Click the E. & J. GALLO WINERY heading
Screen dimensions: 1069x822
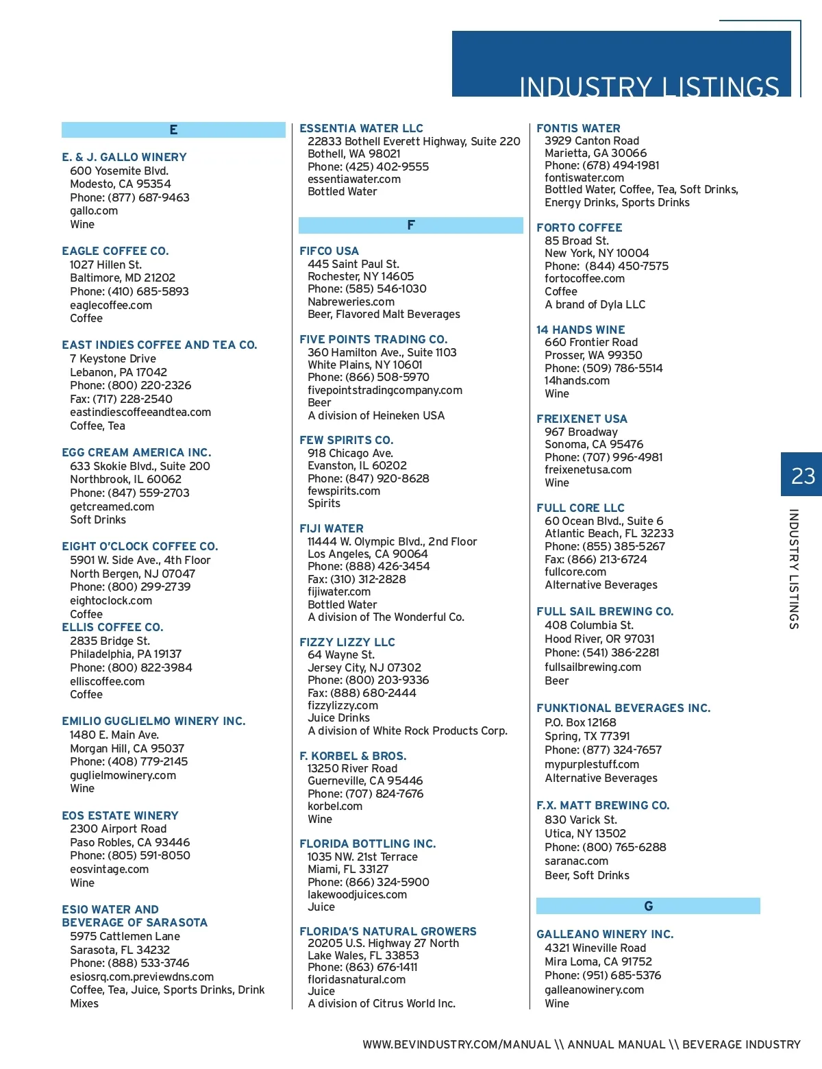124,157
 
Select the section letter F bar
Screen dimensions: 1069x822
411,225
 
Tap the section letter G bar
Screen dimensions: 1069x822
648,906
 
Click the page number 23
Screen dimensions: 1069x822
803,475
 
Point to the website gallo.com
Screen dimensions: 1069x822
94,211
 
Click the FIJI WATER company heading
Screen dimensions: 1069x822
332,528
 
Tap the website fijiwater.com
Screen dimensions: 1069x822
339,591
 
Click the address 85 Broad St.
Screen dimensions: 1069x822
576,241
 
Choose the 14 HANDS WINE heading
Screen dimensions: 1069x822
581,330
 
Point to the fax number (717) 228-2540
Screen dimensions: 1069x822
121,399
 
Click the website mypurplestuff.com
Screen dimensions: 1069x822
592,764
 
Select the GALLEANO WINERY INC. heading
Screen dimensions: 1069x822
605,934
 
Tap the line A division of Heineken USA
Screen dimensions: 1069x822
376,415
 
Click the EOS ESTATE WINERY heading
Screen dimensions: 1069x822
120,815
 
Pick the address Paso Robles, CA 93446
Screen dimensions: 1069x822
129,842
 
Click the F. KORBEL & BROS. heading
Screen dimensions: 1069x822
353,756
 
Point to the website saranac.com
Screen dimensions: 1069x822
576,861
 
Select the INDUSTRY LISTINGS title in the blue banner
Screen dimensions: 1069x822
649,87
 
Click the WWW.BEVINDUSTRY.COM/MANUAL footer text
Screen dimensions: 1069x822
457,1044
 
